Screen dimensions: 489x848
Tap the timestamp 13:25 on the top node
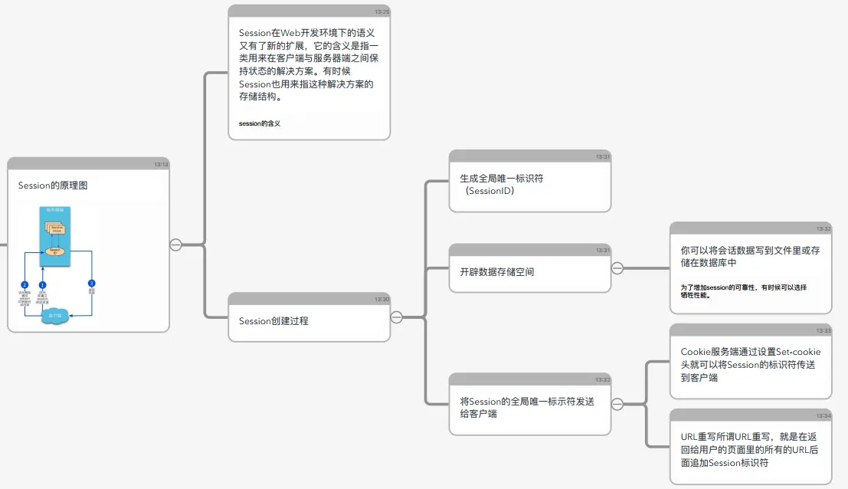[x=382, y=11]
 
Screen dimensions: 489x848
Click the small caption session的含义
[x=260, y=123]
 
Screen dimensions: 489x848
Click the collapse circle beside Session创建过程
[x=397, y=317]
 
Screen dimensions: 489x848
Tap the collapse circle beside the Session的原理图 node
[x=175, y=244]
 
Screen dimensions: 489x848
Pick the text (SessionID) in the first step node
[x=489, y=191]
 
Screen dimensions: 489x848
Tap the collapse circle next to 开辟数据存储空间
[x=617, y=268]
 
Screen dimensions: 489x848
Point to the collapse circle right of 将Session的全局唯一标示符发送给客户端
[x=617, y=404]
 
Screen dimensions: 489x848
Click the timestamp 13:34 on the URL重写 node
[x=823, y=415]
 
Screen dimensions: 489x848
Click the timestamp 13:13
[x=161, y=164]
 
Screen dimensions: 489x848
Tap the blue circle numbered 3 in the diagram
[x=92, y=284]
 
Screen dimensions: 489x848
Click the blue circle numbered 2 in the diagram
[x=25, y=284]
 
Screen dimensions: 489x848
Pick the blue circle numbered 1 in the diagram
[x=43, y=284]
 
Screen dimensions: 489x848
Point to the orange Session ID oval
[x=54, y=251]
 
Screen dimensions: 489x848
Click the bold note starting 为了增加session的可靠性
[x=743, y=290]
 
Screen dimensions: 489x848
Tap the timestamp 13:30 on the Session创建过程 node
[x=382, y=299]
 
